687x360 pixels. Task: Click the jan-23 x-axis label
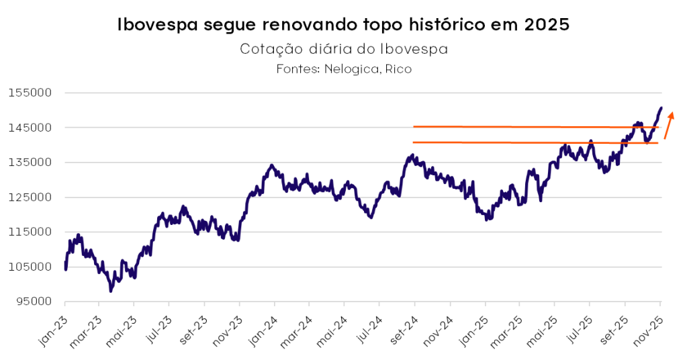53,331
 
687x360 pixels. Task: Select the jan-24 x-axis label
263,331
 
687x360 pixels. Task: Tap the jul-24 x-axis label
368,331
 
